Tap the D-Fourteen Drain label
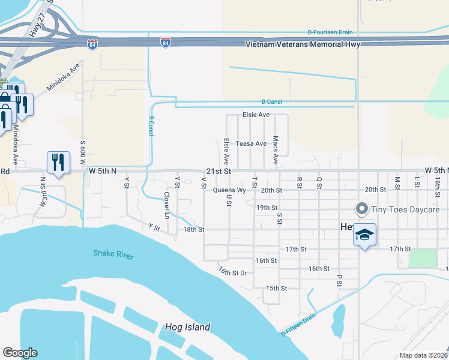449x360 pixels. coord(330,32)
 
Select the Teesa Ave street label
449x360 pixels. coord(251,144)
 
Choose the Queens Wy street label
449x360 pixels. coord(229,190)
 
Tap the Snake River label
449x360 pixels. coord(113,254)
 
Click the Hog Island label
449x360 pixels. coord(188,327)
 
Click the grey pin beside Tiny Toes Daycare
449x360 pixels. coord(362,209)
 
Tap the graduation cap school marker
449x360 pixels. coord(364,235)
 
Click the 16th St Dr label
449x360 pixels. coord(233,272)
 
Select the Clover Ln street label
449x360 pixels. coord(166,205)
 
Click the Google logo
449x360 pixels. coord(20,353)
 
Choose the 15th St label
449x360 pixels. coord(277,288)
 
